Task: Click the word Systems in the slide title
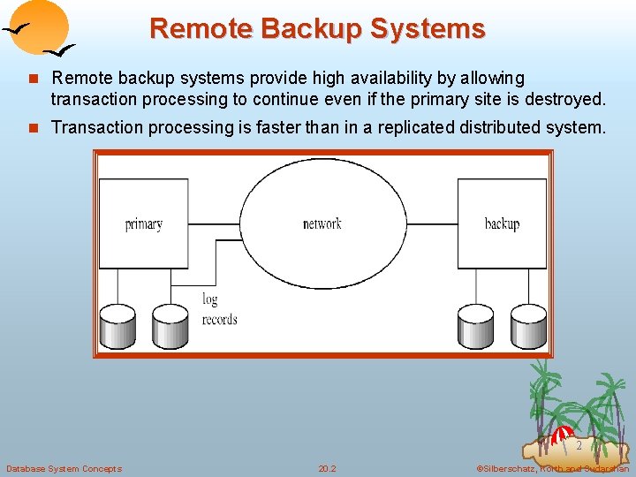(428, 28)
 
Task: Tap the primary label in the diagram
(143, 224)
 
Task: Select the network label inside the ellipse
(322, 224)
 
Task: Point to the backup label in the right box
(501, 224)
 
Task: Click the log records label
(218, 309)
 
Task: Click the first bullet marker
(33, 79)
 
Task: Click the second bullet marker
(33, 127)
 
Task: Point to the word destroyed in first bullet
(564, 98)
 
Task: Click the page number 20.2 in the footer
(327, 468)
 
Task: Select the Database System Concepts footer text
(64, 468)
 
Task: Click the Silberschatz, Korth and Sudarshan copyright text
(552, 468)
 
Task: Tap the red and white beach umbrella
(562, 435)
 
